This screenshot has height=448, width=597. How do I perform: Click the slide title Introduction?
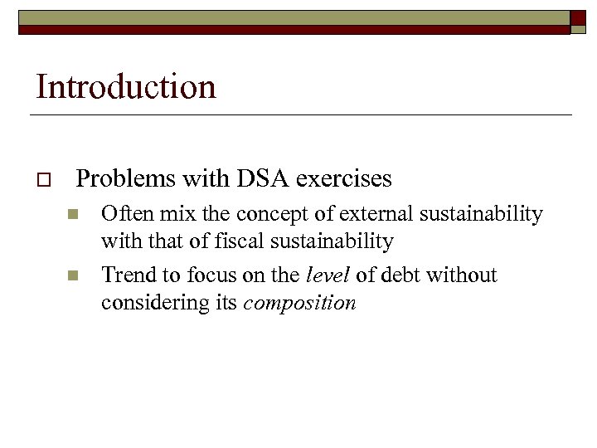[126, 86]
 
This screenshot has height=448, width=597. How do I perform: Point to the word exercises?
[343, 178]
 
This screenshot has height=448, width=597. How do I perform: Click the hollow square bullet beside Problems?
[43, 179]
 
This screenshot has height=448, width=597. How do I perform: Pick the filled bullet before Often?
[73, 215]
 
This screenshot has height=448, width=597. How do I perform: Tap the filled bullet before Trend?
[73, 275]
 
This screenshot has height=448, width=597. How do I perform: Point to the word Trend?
[128, 275]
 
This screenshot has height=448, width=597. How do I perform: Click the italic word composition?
[300, 304]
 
